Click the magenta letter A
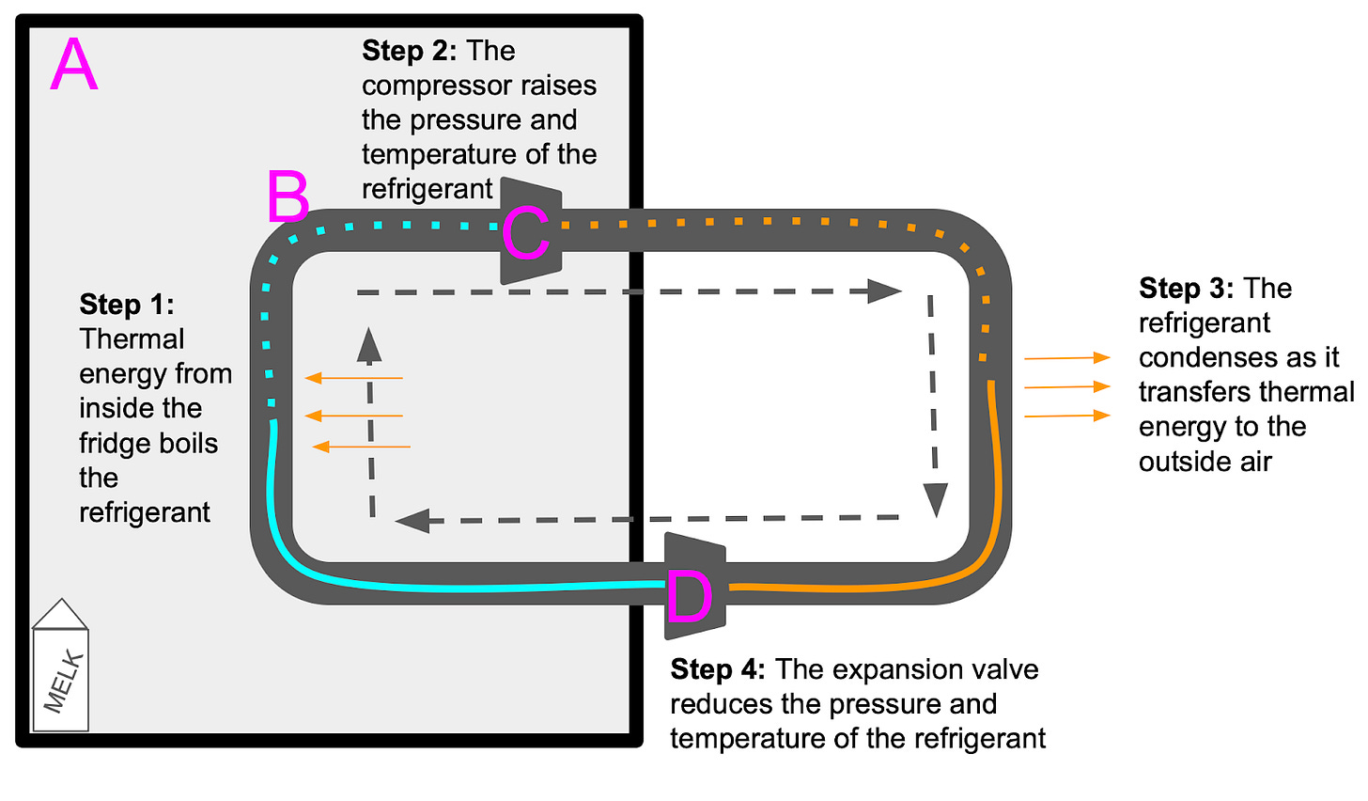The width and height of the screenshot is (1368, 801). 73,65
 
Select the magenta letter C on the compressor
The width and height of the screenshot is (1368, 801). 524,234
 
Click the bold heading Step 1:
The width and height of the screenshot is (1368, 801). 127,304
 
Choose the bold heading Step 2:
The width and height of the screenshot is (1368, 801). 409,51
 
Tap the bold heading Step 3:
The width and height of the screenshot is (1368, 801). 1186,288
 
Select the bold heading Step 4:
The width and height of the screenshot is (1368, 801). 718,669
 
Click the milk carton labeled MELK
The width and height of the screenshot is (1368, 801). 61,677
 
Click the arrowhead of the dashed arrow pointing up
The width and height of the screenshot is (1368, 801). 370,344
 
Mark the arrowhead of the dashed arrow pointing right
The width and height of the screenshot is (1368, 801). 885,291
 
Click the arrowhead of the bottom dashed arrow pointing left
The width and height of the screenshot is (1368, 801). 412,520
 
